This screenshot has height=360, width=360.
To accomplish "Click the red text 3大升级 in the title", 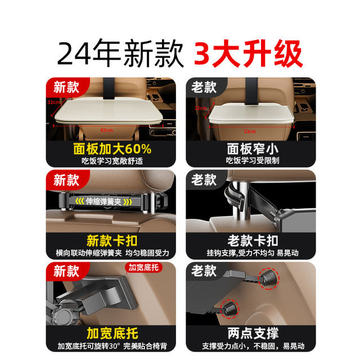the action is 249,54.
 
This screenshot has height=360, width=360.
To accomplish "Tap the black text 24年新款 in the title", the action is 120,54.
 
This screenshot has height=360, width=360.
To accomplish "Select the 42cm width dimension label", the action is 106,130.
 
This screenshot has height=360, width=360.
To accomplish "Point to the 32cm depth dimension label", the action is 54,102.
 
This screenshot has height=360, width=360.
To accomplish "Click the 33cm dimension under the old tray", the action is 250,131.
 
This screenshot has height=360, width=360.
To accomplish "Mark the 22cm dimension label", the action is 201,108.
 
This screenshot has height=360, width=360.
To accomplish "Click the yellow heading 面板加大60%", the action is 112,148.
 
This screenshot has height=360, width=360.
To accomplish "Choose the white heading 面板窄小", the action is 253,148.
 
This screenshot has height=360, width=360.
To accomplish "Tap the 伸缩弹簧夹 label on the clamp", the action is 103,201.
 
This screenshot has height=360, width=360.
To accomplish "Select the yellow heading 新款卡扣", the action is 112,241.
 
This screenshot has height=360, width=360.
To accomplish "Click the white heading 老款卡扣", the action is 253,241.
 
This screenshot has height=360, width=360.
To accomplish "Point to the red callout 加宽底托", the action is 143,268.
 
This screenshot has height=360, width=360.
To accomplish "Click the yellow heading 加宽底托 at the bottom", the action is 112,334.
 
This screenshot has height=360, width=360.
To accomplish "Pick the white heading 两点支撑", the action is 253,334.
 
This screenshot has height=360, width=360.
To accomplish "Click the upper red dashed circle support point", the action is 268,278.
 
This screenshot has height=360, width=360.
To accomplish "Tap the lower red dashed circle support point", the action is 229,309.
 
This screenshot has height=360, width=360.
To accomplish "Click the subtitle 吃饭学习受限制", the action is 253,160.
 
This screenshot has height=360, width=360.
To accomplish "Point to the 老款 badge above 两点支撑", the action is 204,271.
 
